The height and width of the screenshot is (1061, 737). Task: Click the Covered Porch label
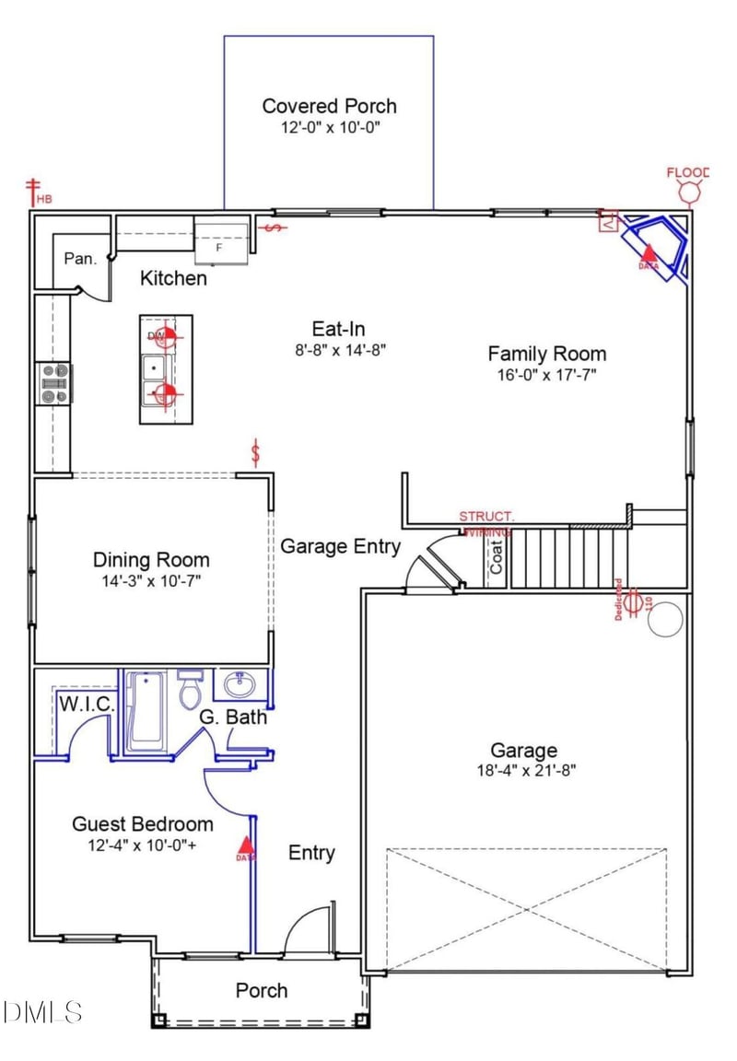click(329, 106)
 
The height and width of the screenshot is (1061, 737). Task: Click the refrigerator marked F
click(221, 244)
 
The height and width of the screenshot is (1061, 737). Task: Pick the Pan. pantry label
click(80, 260)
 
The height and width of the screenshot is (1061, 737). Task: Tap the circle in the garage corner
click(665, 620)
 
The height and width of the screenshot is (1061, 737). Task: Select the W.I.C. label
click(87, 705)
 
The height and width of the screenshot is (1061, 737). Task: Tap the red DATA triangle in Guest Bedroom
click(245, 846)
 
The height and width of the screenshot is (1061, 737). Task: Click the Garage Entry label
click(340, 546)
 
